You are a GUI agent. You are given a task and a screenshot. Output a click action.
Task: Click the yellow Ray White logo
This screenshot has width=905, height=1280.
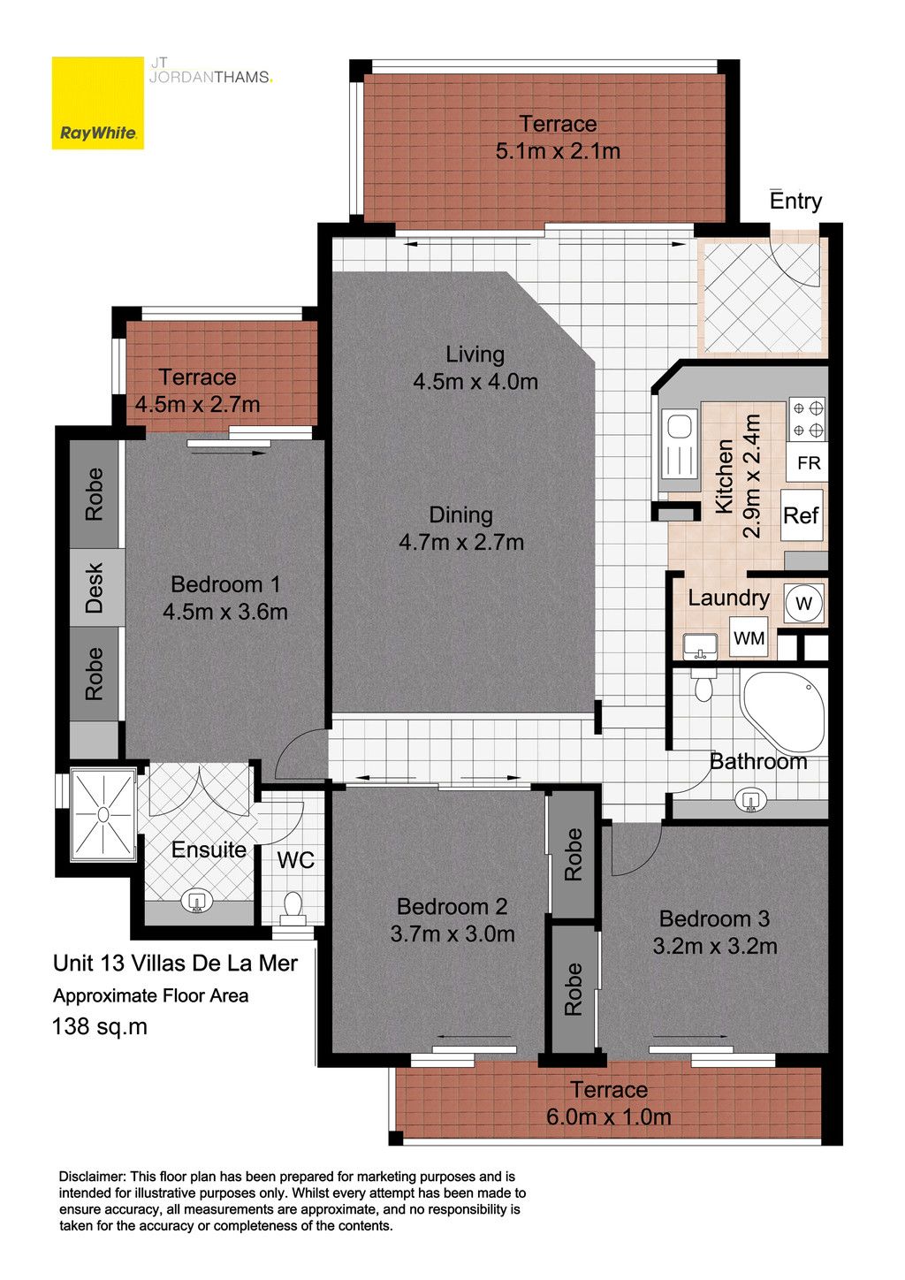[x=98, y=103]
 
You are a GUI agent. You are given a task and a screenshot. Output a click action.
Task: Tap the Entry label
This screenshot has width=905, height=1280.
[x=795, y=201]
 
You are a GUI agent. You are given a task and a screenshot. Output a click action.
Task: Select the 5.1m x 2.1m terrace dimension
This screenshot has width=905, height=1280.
[x=558, y=151]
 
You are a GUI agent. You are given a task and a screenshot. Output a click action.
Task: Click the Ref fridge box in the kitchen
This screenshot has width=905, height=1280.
[x=802, y=515]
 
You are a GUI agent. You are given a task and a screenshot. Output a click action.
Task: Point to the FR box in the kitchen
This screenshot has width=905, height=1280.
[x=809, y=462]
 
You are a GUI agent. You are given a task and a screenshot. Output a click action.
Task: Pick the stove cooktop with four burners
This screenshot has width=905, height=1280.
[x=807, y=419]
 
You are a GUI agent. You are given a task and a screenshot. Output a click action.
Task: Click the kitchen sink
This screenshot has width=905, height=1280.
[x=680, y=444]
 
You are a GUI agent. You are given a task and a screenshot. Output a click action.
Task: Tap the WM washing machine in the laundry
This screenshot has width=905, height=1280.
[x=749, y=637]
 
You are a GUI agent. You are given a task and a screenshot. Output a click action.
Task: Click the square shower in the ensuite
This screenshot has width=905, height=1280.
[x=103, y=814]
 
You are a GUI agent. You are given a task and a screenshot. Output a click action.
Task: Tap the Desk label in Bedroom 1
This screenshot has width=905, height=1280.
[x=95, y=588]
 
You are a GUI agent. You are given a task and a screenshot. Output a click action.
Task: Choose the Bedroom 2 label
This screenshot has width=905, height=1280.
[x=452, y=906]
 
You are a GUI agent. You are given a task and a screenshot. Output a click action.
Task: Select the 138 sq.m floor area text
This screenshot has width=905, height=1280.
[x=100, y=1026]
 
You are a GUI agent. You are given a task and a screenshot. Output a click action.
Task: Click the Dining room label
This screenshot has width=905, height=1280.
[x=461, y=514]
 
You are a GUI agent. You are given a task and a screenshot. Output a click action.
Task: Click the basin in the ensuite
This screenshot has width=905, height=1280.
[x=196, y=902]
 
